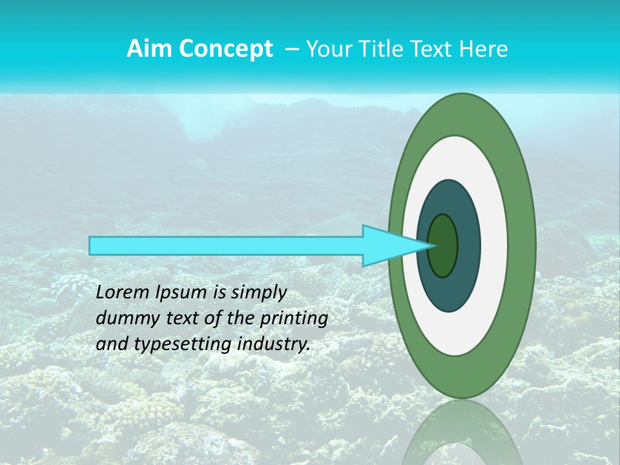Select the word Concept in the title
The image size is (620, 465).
pyautogui.click(x=225, y=49)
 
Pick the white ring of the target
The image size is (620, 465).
pyautogui.click(x=494, y=246)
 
